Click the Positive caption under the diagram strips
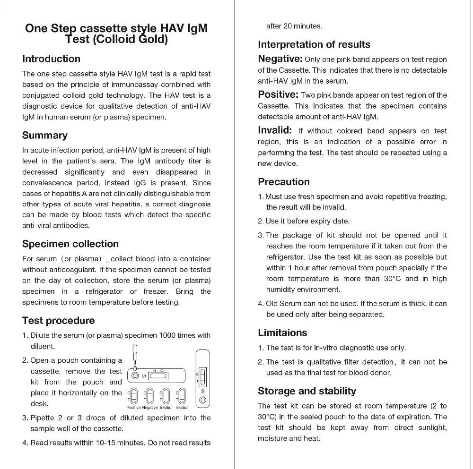click(x=133, y=408)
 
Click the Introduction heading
click(x=51, y=59)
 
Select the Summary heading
click(x=45, y=136)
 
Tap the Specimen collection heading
click(x=70, y=244)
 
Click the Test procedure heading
click(x=58, y=321)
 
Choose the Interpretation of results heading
click(x=314, y=45)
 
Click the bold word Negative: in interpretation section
click(x=280, y=59)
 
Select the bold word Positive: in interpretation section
click(x=278, y=94)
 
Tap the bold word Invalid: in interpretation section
click(x=275, y=130)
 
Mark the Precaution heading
click(x=284, y=182)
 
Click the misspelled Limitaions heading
click(x=282, y=333)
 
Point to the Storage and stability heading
click(x=307, y=391)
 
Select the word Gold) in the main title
click(x=153, y=40)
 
